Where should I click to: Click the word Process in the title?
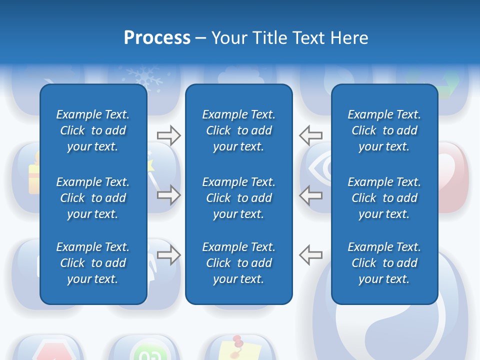(157, 37)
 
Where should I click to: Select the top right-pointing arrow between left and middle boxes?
(168, 135)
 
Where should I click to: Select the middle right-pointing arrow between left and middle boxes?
(168, 195)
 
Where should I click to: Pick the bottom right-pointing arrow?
(168, 255)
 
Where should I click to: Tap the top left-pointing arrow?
(311, 135)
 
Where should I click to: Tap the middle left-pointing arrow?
(311, 195)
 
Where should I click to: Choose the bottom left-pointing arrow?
(311, 255)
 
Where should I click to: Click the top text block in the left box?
(93, 130)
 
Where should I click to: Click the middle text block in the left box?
(93, 198)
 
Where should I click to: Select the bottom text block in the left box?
(93, 263)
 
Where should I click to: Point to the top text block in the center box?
(239, 130)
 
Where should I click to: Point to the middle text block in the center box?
(239, 198)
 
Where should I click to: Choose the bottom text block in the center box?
(239, 263)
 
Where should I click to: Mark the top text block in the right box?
(384, 130)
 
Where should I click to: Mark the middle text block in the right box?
(384, 198)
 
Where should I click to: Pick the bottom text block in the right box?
(384, 263)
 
